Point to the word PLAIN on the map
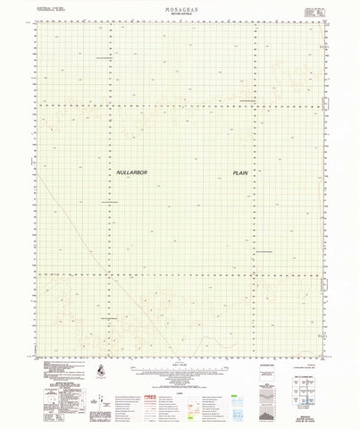coord(240,172)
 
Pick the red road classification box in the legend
coord(150,373)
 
